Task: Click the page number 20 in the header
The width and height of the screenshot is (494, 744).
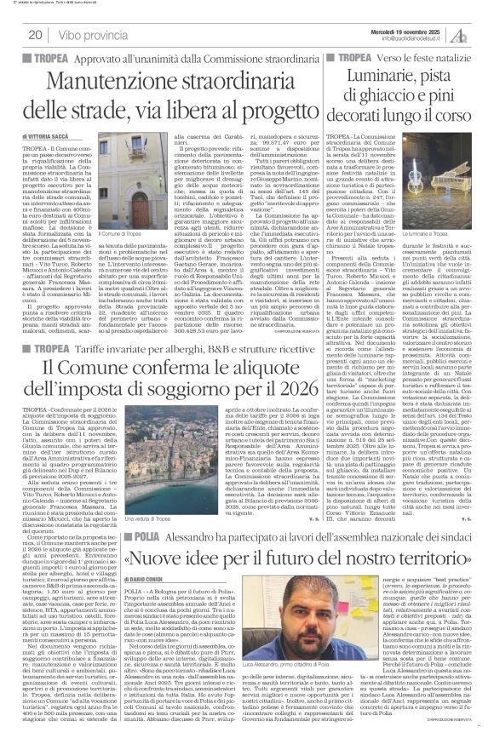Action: tap(35, 34)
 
